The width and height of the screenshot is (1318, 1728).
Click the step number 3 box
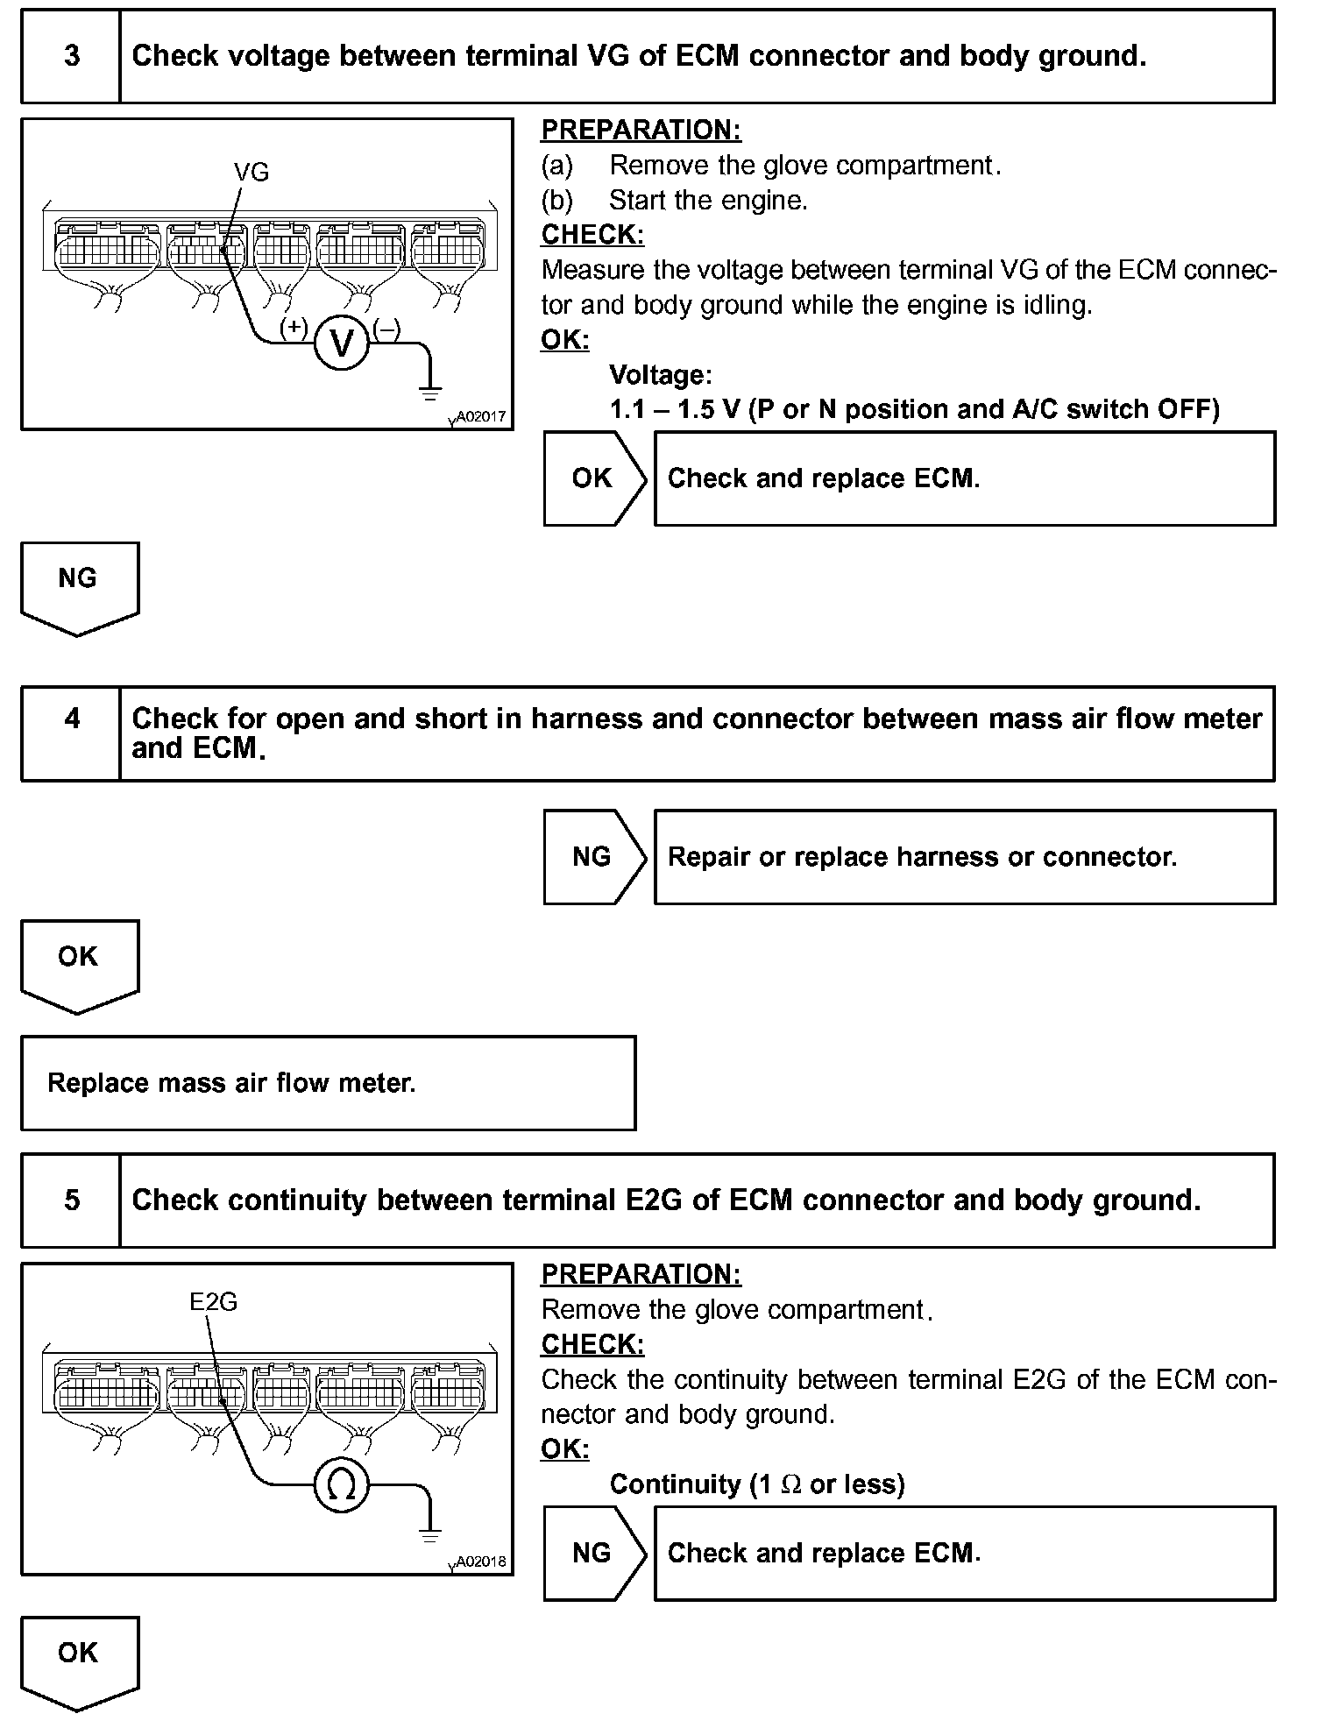coord(71,57)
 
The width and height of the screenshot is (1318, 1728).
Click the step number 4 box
coord(71,733)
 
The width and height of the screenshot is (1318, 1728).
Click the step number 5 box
coord(71,1200)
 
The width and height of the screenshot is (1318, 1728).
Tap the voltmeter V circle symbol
coord(341,343)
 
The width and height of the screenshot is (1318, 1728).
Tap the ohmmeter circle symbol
coord(341,1484)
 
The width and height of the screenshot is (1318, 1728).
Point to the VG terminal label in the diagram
coord(252,173)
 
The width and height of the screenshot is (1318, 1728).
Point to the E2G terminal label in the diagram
coord(214,1302)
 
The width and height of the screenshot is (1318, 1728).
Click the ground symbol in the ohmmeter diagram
coord(429,1534)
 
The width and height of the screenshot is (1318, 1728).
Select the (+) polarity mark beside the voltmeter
coord(293,328)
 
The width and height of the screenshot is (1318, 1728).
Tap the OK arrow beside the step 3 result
coord(594,478)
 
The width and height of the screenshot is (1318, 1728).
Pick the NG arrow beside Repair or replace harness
coord(594,857)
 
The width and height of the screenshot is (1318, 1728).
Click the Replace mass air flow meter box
coord(328,1083)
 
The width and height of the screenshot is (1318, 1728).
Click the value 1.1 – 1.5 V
coord(675,410)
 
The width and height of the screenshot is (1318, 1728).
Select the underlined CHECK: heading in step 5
coord(592,1344)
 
